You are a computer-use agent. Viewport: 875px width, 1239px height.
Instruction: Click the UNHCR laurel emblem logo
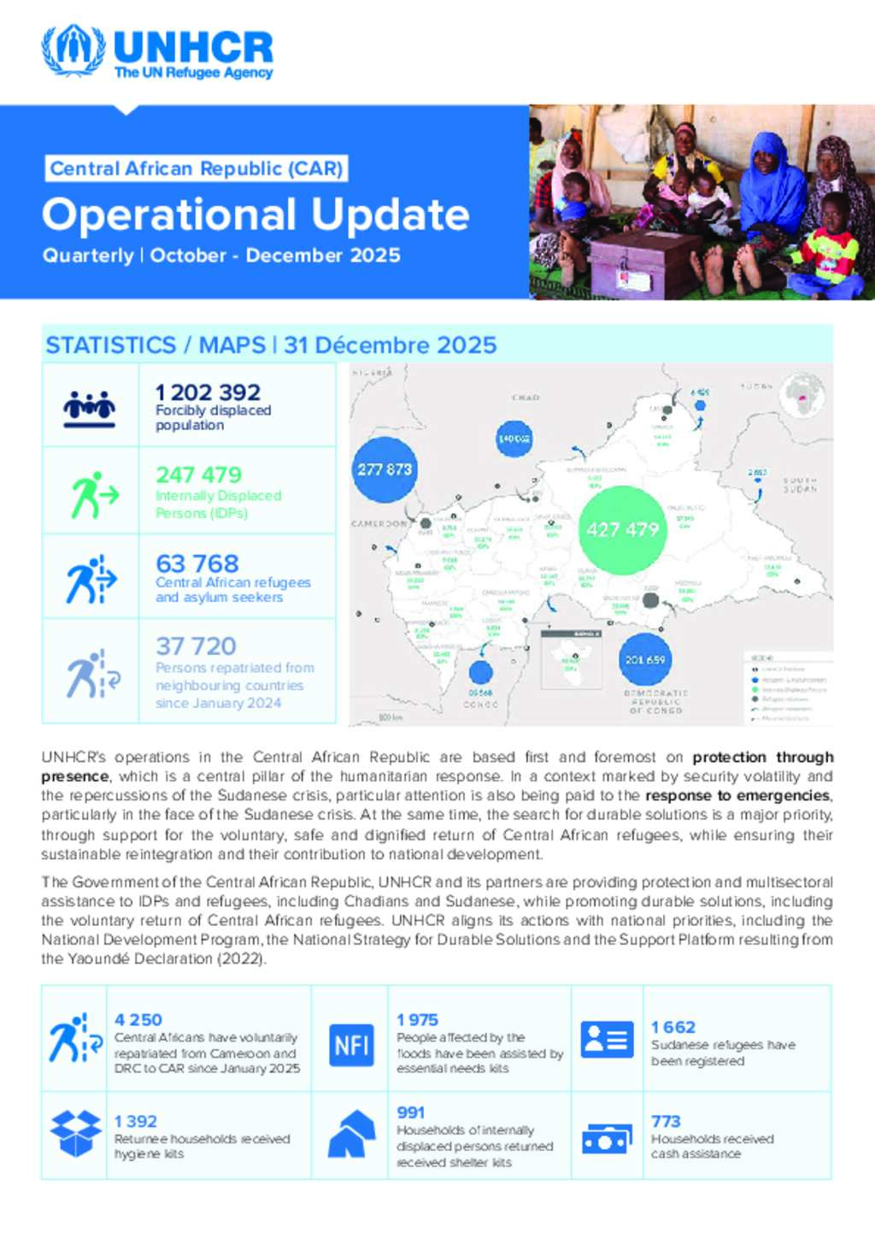(x=73, y=50)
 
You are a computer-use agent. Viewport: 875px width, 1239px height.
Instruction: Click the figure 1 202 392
(x=208, y=392)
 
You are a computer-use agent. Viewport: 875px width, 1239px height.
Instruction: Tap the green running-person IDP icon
(x=92, y=494)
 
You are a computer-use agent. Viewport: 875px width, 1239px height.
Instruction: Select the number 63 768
(x=197, y=564)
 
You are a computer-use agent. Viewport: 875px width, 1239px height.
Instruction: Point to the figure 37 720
(x=196, y=646)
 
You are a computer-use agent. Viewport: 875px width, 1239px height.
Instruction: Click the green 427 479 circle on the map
(x=622, y=530)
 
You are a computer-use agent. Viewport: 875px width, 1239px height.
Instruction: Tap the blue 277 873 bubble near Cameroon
(x=385, y=469)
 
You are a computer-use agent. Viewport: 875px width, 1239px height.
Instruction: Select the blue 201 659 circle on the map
(x=645, y=659)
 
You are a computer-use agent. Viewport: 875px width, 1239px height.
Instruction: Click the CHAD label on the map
(x=526, y=398)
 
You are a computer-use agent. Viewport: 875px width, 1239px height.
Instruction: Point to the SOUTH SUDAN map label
(x=799, y=485)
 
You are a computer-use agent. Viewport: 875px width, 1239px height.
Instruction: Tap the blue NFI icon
(x=351, y=1044)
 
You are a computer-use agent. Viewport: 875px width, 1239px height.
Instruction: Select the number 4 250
(x=138, y=1020)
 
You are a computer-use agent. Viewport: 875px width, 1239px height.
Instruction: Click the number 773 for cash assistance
(x=666, y=1121)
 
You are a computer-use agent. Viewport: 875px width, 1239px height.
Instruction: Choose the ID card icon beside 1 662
(x=607, y=1040)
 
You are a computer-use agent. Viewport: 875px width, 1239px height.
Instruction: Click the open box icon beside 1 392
(x=75, y=1133)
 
